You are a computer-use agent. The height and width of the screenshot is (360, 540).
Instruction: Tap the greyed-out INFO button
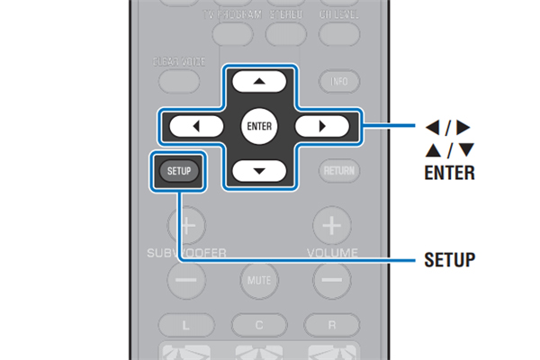coord(338,81)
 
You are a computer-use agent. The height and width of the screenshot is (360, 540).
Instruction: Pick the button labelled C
coord(258,321)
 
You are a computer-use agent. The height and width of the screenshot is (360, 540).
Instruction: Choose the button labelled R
coord(332,321)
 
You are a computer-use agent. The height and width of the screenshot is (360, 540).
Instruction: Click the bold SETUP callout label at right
coord(448,261)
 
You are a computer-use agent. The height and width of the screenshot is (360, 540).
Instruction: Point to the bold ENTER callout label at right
coord(448,172)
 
